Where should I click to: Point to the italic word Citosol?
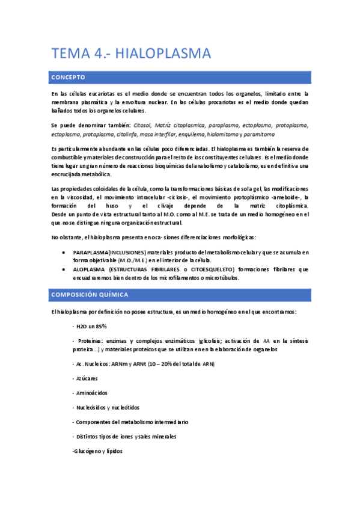(142, 125)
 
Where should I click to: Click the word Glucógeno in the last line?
(88, 450)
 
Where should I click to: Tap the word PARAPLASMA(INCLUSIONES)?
(111, 252)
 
